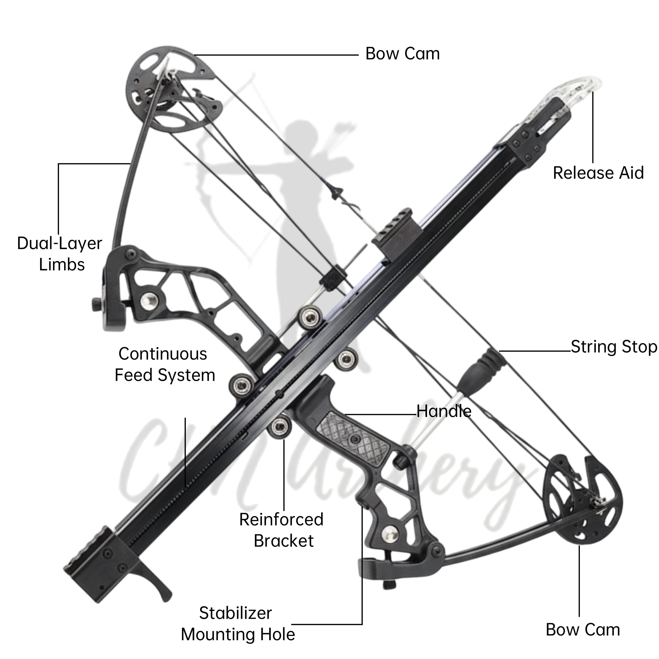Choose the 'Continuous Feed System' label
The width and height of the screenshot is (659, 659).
click(x=165, y=365)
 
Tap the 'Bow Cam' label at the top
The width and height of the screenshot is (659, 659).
click(x=402, y=54)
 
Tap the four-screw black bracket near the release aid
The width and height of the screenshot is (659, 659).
click(x=525, y=145)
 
